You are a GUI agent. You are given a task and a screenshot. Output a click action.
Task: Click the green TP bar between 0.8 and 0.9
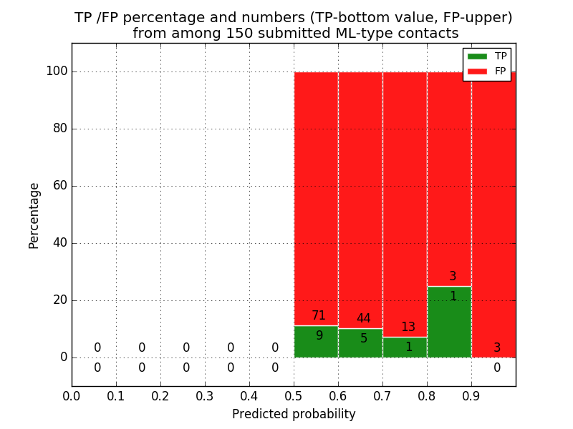[449, 322]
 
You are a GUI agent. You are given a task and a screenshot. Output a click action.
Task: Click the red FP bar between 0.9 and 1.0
[493, 214]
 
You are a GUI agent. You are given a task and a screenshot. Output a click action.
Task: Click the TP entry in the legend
[487, 56]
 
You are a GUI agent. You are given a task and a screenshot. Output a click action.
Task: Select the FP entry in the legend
[487, 71]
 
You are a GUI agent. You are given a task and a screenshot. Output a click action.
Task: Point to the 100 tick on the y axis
[57, 71]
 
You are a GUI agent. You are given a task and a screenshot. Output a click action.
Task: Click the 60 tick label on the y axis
[59, 186]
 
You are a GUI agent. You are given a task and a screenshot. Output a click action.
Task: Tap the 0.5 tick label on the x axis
[294, 395]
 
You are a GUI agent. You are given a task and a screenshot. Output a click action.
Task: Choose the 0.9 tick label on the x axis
[471, 395]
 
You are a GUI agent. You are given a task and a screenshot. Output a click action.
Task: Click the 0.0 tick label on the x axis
[72, 395]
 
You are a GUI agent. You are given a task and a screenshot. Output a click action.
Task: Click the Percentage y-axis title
[34, 215]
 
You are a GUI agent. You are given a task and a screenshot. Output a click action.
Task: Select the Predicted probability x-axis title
[294, 414]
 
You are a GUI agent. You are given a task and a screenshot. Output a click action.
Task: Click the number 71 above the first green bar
[319, 315]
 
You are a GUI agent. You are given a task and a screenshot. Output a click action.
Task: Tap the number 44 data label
[363, 319]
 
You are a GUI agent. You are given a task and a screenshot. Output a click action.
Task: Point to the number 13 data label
[408, 327]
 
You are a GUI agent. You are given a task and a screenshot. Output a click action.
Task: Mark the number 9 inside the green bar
[319, 335]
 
